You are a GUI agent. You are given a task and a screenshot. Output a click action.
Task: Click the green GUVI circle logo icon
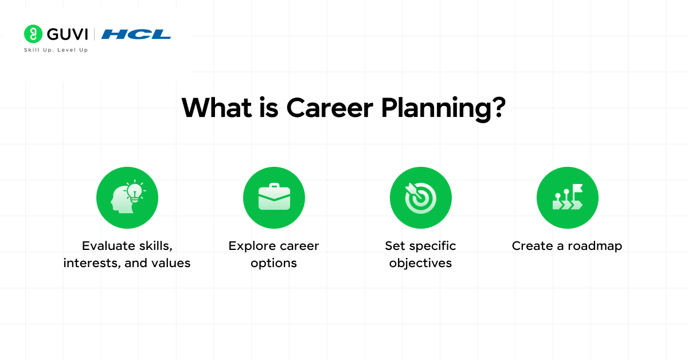tap(33, 34)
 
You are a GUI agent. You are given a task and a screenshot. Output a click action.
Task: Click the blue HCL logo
tap(136, 34)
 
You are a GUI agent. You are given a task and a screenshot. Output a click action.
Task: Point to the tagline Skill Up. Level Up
tap(56, 50)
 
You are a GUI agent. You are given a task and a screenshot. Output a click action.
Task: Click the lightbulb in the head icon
tap(135, 191)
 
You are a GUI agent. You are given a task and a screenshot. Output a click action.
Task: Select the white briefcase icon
tap(274, 197)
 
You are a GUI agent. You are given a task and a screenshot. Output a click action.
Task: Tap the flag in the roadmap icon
tap(577, 189)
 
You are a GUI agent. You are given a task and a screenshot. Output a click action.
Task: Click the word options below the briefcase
tap(274, 264)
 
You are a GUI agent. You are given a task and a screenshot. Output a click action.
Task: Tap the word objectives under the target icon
tap(420, 264)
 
